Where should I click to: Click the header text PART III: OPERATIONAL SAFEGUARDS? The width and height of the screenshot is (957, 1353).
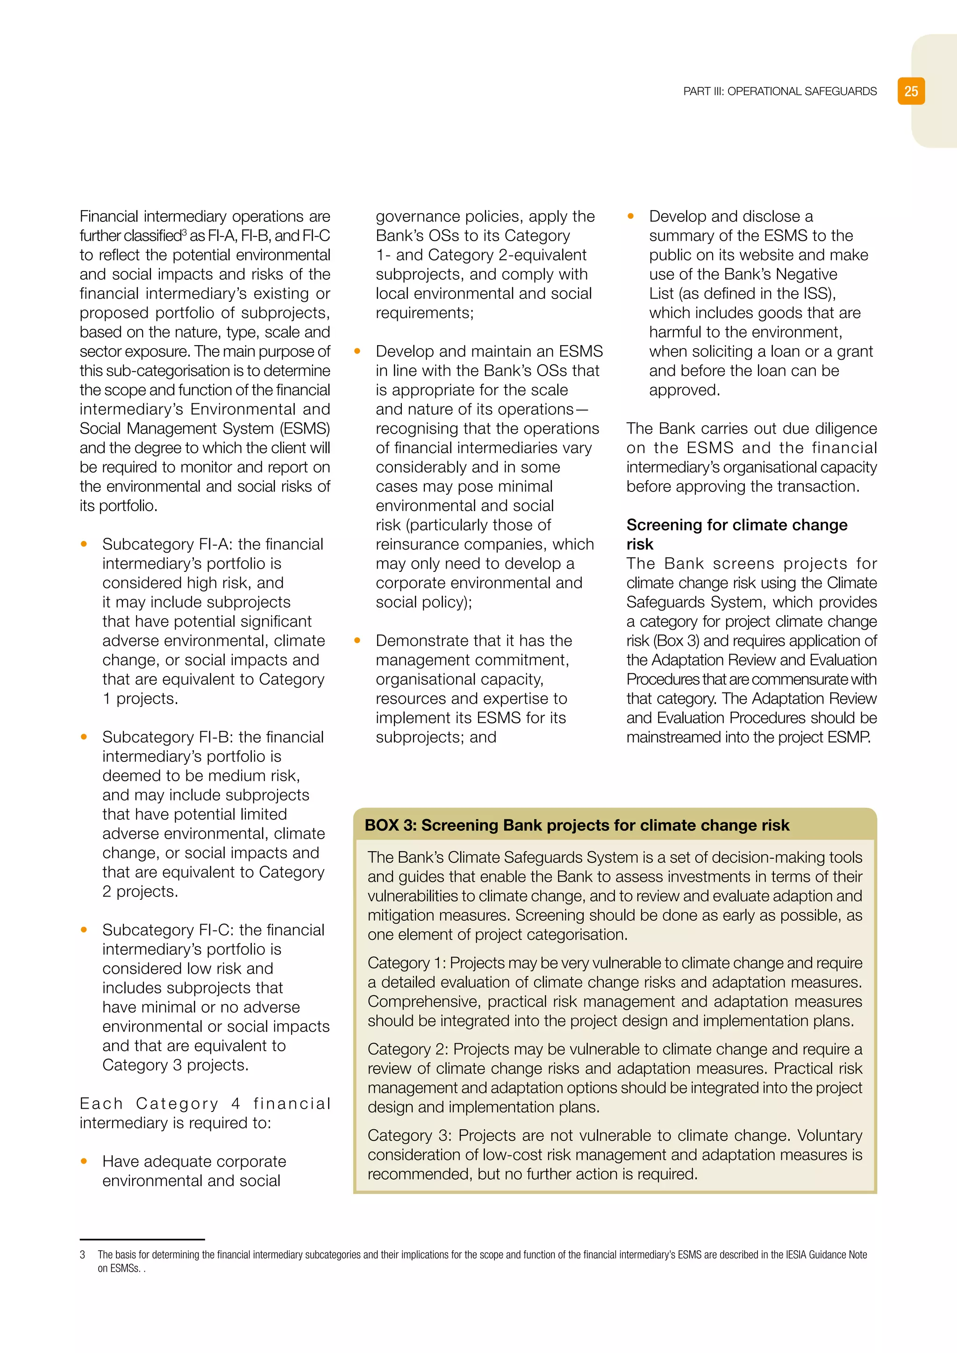click(x=779, y=92)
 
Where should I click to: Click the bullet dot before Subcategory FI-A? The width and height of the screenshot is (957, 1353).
click(x=84, y=544)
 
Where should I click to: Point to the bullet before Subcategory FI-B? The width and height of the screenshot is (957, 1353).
click(x=84, y=737)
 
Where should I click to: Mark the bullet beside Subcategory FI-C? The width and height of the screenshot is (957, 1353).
click(x=84, y=930)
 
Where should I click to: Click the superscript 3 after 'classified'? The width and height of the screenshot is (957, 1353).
click(x=185, y=232)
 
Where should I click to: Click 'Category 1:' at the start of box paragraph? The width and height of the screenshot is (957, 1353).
click(x=407, y=963)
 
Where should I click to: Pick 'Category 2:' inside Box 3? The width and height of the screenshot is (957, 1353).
click(x=408, y=1049)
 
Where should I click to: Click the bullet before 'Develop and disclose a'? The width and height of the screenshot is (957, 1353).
click(x=630, y=216)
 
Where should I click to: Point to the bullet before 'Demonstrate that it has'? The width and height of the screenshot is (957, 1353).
click(x=357, y=641)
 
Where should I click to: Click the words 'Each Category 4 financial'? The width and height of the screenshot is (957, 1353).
click(x=205, y=1104)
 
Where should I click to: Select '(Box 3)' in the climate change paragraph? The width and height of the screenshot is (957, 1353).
click(x=668, y=641)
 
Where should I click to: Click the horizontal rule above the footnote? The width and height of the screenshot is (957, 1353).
click(x=142, y=1239)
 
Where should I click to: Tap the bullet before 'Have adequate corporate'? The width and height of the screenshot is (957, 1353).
click(x=84, y=1161)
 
